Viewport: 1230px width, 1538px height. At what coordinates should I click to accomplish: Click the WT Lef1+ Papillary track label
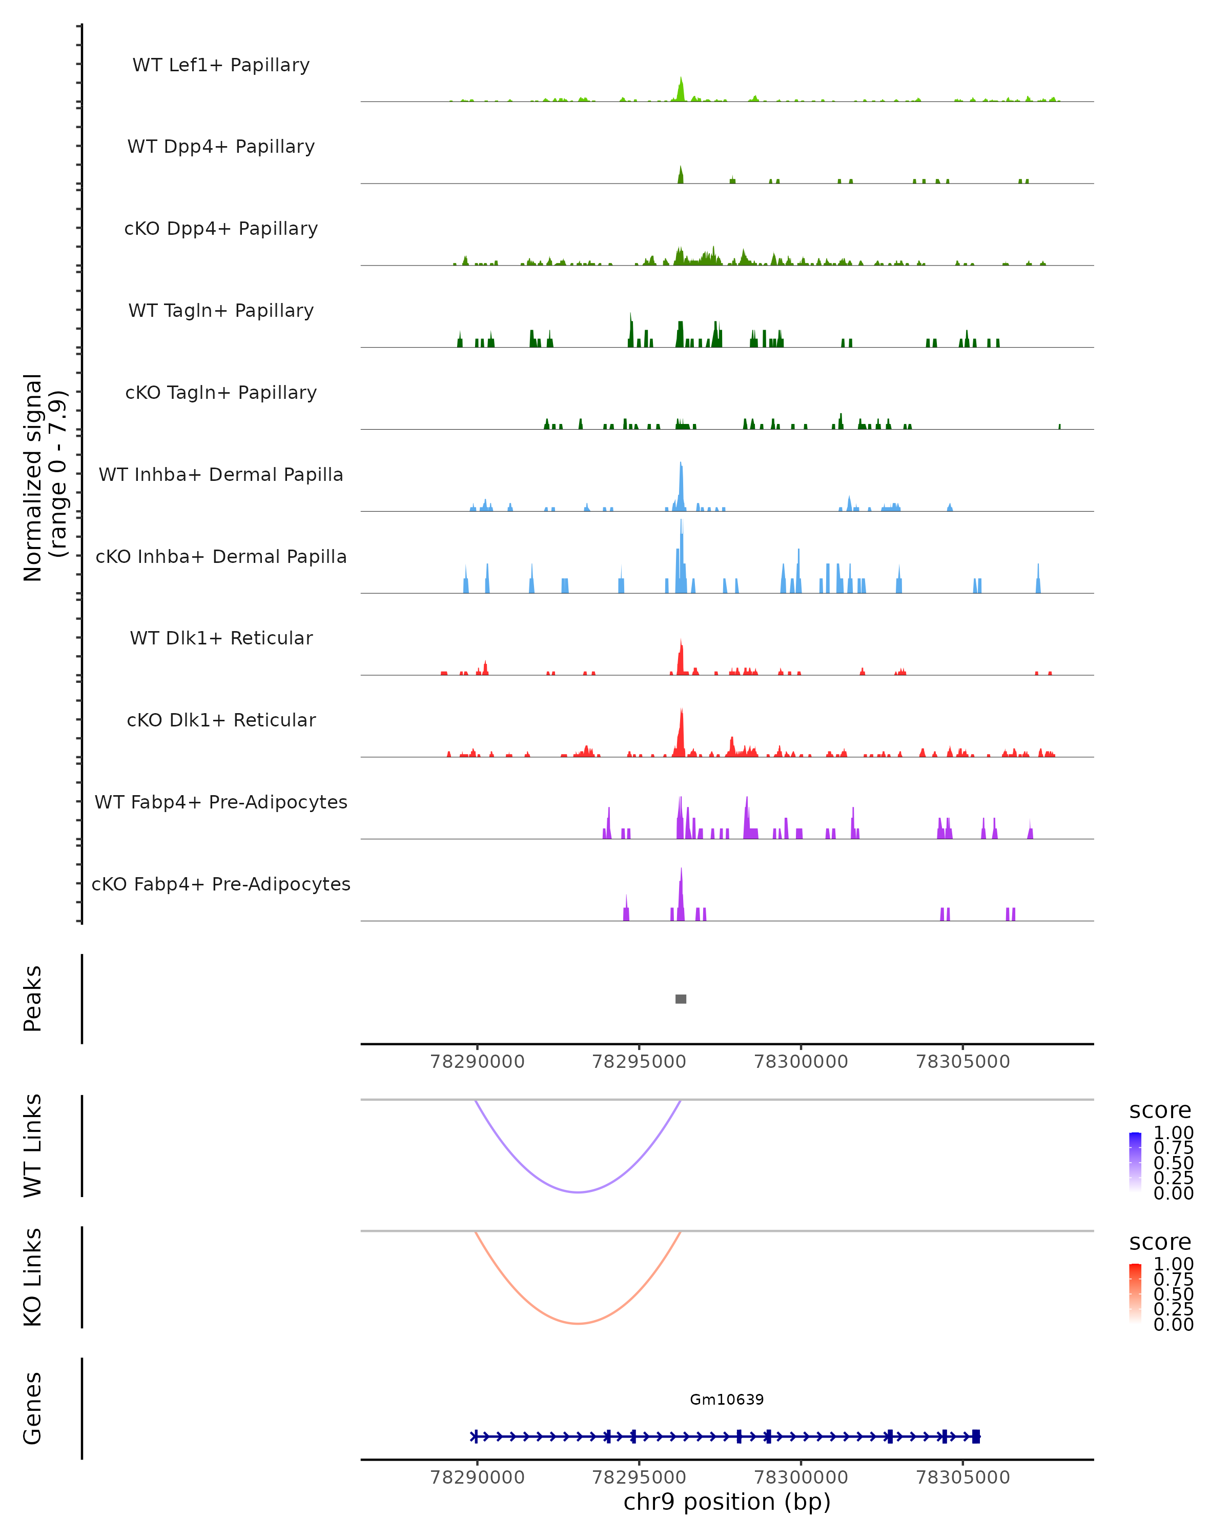click(x=221, y=65)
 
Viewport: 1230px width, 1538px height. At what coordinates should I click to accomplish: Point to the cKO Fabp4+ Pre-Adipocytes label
click(x=221, y=884)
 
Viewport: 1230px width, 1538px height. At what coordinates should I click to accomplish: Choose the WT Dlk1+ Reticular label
click(x=221, y=638)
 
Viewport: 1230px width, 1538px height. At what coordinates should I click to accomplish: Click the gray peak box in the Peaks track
click(x=681, y=999)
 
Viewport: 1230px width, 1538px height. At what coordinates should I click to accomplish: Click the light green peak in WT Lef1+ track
click(x=681, y=89)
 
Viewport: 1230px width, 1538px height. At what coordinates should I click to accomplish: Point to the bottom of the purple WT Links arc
click(x=578, y=1191)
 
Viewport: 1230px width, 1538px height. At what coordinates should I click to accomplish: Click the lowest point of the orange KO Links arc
click(x=578, y=1323)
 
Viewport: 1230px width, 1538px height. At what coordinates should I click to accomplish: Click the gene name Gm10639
click(x=727, y=1400)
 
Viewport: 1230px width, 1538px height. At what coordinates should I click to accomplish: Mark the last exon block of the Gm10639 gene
click(x=976, y=1436)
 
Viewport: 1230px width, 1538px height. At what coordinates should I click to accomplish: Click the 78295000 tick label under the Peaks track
click(x=639, y=1062)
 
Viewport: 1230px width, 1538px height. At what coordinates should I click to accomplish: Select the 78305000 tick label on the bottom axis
click(x=962, y=1478)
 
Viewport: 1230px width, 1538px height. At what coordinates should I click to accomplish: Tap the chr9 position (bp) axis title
click(x=727, y=1502)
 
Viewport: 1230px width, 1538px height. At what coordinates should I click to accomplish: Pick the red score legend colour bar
click(x=1135, y=1293)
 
